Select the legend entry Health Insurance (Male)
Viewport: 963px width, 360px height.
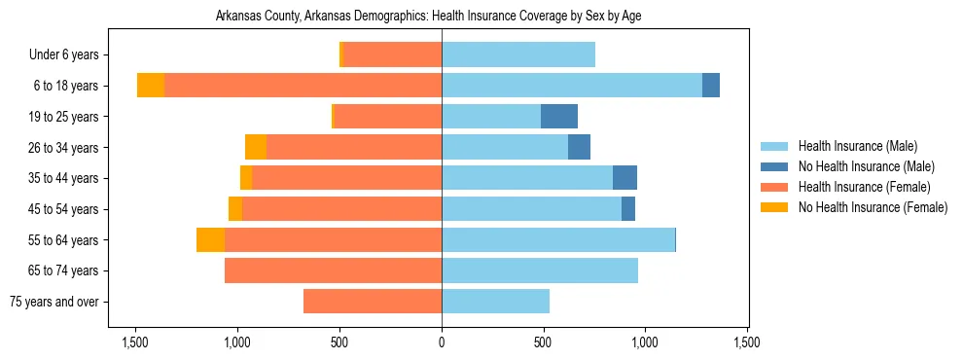click(857, 146)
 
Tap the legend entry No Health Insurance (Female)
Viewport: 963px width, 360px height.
click(873, 207)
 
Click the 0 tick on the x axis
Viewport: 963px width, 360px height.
click(442, 342)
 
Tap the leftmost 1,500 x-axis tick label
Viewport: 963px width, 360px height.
click(135, 342)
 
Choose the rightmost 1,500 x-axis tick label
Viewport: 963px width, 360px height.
click(747, 342)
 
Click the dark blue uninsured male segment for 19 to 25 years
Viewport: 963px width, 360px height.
click(559, 117)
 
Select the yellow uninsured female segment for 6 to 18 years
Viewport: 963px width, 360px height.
click(151, 86)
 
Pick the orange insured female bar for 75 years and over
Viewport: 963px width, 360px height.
click(373, 302)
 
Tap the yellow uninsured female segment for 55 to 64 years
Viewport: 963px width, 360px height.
click(210, 239)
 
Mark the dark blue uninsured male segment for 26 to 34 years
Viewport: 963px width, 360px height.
click(579, 147)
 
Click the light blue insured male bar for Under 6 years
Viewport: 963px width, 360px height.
click(518, 54)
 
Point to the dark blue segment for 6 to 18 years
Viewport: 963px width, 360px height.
click(711, 86)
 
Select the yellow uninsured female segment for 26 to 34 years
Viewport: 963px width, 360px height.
click(256, 147)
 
